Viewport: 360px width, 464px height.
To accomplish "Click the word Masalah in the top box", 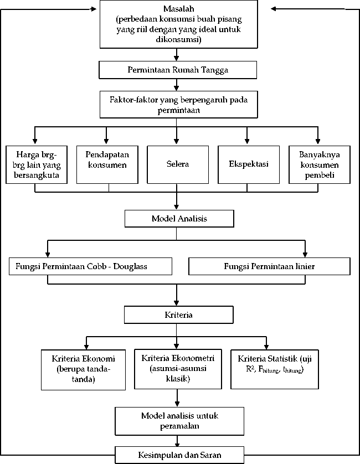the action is [179, 9].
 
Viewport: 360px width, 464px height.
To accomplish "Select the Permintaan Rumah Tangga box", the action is [178, 70].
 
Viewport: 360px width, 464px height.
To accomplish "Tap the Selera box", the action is [178, 164].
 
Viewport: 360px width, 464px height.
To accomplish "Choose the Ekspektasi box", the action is [249, 164].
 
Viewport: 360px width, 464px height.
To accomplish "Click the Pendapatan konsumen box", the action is [107, 164].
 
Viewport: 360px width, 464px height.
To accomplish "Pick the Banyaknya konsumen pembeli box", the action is [320, 164].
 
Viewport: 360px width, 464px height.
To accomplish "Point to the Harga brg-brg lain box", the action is [37, 164].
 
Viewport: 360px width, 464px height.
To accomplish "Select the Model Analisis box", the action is [179, 219].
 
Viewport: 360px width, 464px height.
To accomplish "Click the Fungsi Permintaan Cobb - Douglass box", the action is [90, 266].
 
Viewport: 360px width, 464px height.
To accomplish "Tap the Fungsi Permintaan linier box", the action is [269, 266].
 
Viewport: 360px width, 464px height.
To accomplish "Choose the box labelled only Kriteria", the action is [178, 315].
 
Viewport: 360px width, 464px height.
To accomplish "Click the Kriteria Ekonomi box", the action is [83, 370].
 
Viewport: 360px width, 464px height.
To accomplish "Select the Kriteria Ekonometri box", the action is [178, 369].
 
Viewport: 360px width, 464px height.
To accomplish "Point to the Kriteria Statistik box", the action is [275, 369].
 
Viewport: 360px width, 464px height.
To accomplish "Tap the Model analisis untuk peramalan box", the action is [179, 421].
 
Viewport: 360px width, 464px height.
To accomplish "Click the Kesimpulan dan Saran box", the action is [179, 455].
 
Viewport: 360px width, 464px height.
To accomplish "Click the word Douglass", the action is [130, 267].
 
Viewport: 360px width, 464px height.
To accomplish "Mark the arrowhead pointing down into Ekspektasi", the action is [247, 141].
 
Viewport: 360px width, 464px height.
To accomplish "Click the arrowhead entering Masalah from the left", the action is [94, 9].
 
